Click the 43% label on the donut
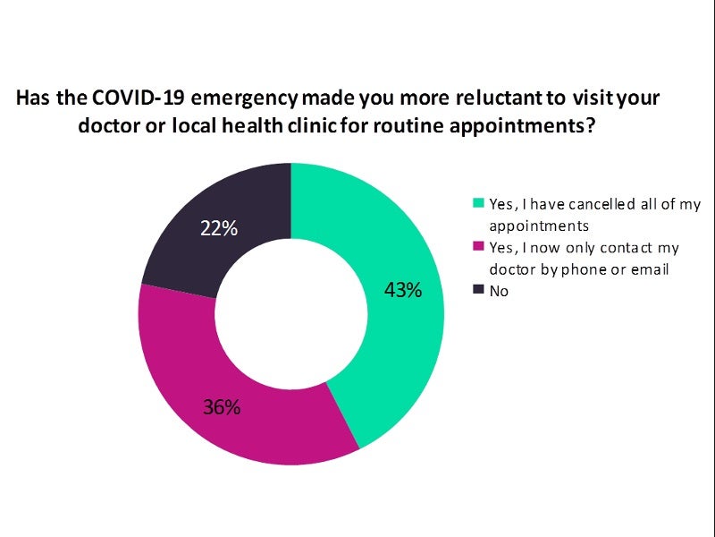click(403, 291)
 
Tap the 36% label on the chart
click(222, 407)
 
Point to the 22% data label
click(219, 228)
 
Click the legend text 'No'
click(499, 290)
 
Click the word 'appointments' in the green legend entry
click(534, 226)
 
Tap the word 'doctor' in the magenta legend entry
click(514, 270)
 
